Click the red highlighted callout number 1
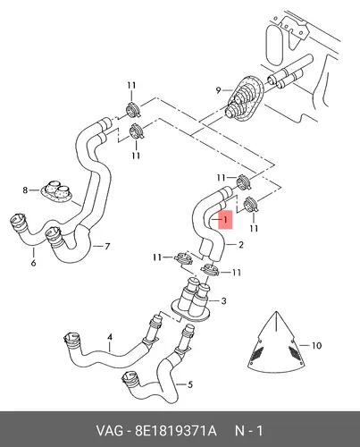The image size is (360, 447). (x=225, y=220)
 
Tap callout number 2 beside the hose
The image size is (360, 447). (x=241, y=245)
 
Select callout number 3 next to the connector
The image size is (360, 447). (x=223, y=301)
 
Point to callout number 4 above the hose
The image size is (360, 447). (x=110, y=337)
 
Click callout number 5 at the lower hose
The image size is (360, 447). (x=190, y=384)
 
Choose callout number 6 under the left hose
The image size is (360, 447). (x=33, y=263)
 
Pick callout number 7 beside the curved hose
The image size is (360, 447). (x=107, y=246)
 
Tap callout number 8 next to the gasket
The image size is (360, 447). (x=25, y=190)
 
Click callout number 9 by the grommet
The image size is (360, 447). (x=218, y=89)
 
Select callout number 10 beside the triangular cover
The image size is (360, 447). (x=316, y=345)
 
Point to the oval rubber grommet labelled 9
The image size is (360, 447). (x=245, y=98)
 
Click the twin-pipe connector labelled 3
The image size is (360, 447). (x=192, y=300)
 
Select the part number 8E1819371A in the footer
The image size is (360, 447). (x=176, y=431)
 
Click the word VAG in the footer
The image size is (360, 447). (x=109, y=431)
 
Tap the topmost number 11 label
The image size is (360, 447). (x=131, y=85)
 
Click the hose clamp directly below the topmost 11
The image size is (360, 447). (x=134, y=109)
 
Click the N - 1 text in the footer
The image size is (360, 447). (x=249, y=431)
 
